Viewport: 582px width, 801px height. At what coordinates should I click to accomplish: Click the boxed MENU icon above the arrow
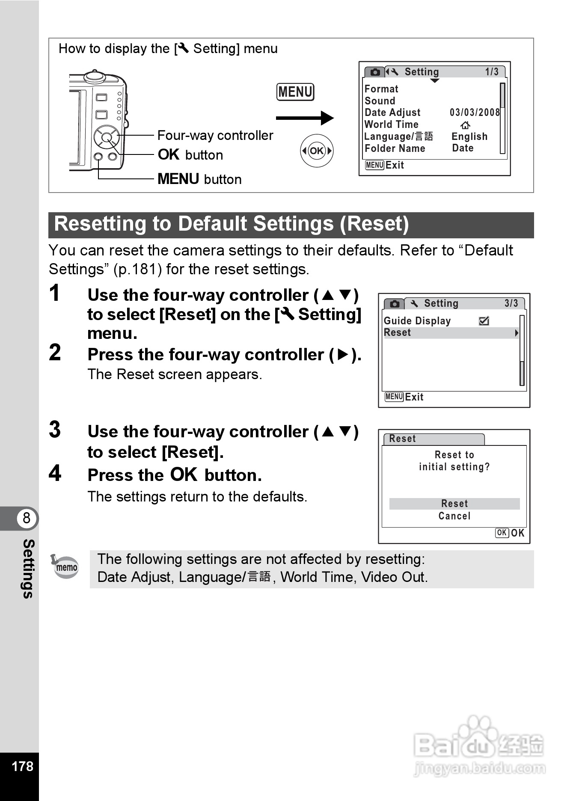point(295,92)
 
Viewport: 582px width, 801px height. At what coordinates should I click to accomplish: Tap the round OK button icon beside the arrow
point(317,151)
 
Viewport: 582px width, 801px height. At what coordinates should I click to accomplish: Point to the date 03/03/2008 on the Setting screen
point(475,113)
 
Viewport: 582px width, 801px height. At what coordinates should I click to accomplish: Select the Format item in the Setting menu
point(381,89)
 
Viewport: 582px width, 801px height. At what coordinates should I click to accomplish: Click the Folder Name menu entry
point(395,148)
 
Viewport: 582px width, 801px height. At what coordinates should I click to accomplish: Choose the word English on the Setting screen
point(469,136)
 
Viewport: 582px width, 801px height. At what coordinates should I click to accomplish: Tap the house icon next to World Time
point(465,125)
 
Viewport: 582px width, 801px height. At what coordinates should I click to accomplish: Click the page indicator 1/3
point(492,72)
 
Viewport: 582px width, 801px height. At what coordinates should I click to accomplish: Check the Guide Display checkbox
point(484,321)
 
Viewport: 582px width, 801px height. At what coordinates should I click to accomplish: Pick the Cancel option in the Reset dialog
point(454,516)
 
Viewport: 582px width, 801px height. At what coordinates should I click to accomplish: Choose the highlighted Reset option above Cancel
point(454,504)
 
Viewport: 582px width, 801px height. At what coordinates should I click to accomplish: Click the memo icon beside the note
point(65,567)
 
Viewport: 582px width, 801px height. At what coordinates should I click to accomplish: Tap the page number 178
point(22,766)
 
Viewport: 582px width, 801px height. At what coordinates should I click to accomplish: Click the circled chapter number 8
point(27,518)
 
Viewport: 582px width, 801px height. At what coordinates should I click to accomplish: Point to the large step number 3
point(55,430)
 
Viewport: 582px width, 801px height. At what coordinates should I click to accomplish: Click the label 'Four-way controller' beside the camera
point(215,136)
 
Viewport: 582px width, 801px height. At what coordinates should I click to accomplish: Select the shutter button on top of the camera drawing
point(95,76)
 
